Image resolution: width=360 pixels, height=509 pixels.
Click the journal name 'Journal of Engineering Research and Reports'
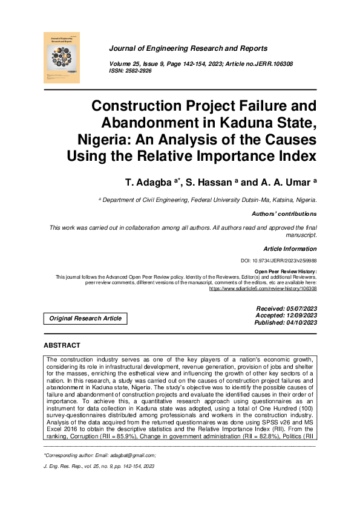tap(188, 48)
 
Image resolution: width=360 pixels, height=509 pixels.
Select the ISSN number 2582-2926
tap(138, 71)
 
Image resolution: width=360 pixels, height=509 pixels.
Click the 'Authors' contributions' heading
tap(284, 214)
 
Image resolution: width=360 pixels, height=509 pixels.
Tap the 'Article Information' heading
tap(290, 249)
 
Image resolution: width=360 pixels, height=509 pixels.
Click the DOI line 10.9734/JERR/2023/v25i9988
tap(278, 261)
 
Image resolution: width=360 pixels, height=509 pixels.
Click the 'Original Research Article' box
tap(85, 319)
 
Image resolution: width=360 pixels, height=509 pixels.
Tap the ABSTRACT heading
tap(62, 345)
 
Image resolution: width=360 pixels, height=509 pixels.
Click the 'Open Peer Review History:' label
tap(286, 271)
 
